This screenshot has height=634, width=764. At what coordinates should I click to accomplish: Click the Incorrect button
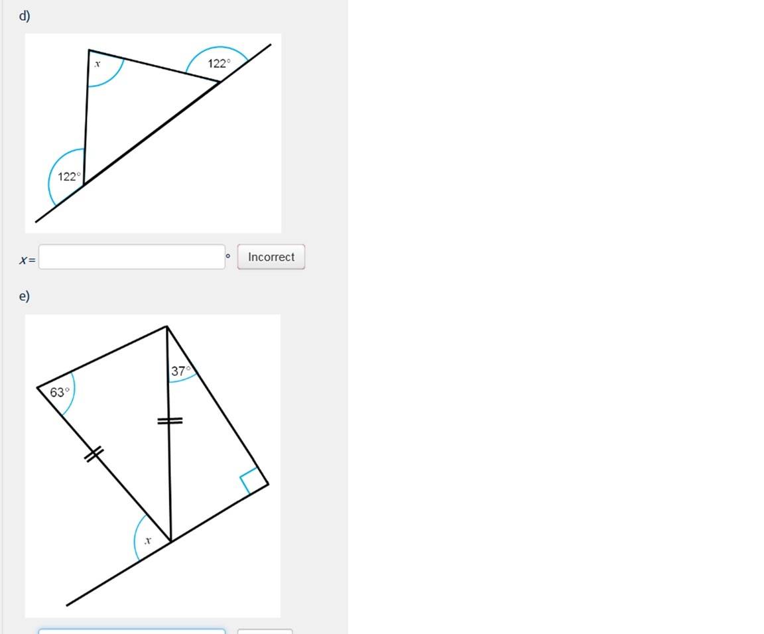(271, 257)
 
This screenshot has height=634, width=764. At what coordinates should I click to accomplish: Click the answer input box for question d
(132, 257)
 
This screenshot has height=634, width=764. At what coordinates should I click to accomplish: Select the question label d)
(25, 16)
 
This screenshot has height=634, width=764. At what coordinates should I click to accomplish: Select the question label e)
(25, 296)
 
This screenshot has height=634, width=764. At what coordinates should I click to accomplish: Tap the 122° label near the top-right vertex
(219, 64)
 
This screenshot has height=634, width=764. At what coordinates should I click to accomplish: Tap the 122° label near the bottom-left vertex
(69, 176)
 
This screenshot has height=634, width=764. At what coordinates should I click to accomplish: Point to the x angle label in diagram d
(97, 64)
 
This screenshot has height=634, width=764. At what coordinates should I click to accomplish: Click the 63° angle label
(60, 392)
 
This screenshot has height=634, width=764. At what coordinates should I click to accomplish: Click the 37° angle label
(180, 371)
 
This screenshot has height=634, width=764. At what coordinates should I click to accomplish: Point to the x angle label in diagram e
(148, 540)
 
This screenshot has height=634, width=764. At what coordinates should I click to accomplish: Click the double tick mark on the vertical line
(170, 420)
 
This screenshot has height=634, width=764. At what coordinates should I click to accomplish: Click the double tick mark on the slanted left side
(94, 454)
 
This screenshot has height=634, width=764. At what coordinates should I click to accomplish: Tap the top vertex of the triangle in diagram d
(89, 50)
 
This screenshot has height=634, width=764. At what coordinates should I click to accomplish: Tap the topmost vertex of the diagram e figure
(166, 326)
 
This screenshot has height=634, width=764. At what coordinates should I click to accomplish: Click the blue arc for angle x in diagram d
(113, 77)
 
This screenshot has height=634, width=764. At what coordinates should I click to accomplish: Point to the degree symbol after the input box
(227, 255)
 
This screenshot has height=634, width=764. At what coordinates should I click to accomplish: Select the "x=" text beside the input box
(27, 260)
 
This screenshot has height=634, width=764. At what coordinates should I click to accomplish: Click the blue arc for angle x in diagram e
(135, 536)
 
